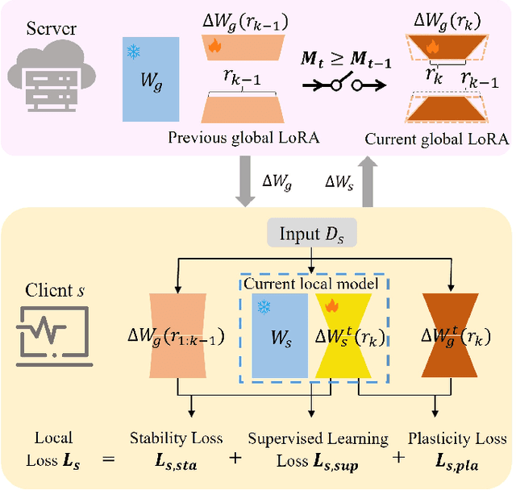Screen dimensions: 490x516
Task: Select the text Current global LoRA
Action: (x=436, y=139)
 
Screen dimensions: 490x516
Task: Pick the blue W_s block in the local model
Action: (x=279, y=334)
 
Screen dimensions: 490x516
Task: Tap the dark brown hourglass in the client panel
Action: (x=450, y=334)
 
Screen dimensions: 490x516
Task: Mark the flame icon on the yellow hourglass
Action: (x=331, y=305)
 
